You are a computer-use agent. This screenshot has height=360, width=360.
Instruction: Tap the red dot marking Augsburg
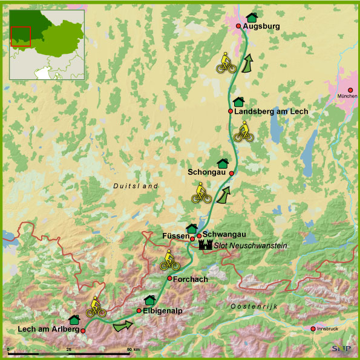(238, 26)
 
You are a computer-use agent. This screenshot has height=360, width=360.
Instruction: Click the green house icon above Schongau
(222, 163)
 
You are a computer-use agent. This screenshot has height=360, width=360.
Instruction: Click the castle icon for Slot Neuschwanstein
(205, 245)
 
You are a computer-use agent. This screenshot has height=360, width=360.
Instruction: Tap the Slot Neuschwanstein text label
(250, 246)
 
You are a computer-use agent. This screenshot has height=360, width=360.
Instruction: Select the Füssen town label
(175, 236)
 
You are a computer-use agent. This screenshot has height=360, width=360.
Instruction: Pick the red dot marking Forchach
(170, 278)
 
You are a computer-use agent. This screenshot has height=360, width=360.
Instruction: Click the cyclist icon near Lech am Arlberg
(96, 307)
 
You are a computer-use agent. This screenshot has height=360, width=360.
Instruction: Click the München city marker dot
(350, 90)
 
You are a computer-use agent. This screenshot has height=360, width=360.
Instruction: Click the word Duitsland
(135, 186)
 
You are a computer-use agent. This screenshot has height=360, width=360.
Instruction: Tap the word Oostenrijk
(254, 307)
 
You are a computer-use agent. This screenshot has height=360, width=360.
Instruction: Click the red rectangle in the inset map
(21, 36)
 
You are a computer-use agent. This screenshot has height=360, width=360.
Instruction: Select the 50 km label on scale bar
(133, 350)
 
